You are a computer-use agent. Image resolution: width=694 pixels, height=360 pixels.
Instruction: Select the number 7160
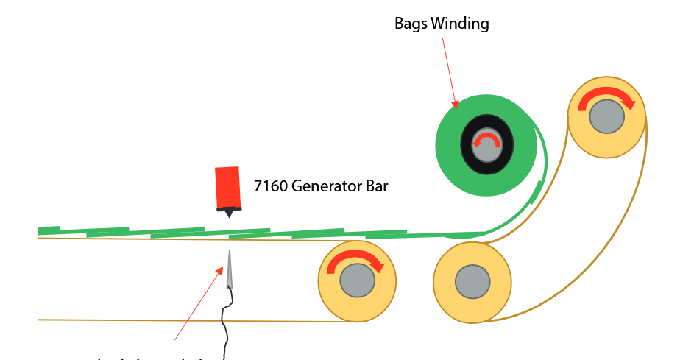click(271, 186)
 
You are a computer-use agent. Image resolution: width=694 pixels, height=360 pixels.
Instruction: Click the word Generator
click(325, 186)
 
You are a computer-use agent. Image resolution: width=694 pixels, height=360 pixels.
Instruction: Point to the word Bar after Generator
click(375, 186)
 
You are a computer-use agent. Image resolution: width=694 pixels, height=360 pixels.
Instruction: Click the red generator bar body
click(228, 187)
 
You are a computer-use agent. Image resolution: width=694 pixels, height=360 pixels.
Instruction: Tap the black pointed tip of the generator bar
click(230, 213)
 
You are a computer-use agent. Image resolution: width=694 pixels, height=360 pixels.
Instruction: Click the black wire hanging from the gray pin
click(225, 324)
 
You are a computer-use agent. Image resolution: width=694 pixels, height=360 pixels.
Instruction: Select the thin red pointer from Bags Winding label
click(449, 70)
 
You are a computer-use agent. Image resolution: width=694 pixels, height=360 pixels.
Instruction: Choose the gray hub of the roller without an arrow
click(471, 281)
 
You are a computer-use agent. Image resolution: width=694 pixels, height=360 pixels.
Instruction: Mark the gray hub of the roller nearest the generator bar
click(357, 281)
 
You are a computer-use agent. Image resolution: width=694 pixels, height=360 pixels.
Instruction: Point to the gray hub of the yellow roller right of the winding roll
click(606, 116)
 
